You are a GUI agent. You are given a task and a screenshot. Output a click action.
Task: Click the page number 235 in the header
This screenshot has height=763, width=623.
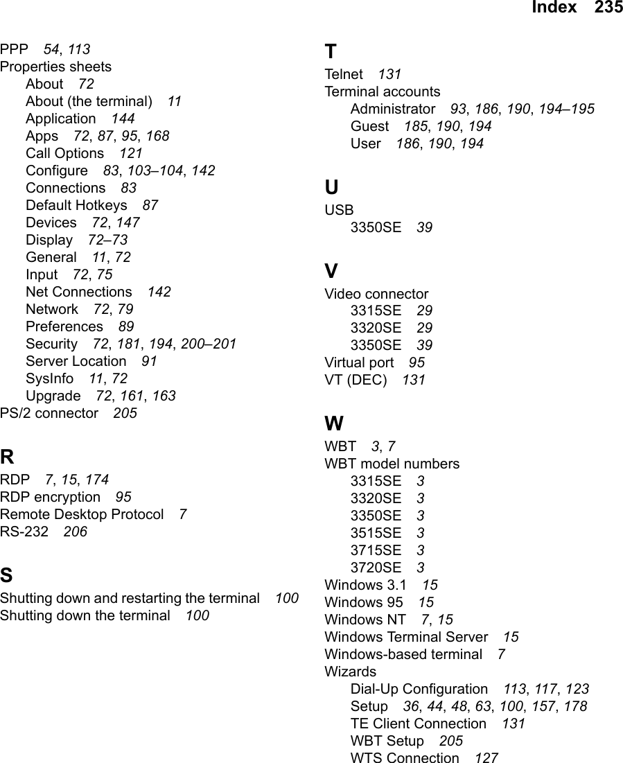coord(608,8)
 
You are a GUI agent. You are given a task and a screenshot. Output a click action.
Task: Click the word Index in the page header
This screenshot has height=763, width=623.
coord(554,8)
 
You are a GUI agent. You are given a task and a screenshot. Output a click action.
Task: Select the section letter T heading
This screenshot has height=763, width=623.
coord(331,52)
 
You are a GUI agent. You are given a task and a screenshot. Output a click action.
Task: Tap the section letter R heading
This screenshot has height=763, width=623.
coord(6,457)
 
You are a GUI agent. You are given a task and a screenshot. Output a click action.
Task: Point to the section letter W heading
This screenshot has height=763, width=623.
coord(334,424)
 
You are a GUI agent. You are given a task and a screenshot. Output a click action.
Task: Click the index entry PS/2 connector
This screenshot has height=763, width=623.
coord(49,413)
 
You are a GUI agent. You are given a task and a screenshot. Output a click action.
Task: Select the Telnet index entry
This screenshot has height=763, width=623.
coord(344,74)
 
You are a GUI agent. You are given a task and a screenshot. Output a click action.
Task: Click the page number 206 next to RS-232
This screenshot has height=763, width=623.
coord(75,532)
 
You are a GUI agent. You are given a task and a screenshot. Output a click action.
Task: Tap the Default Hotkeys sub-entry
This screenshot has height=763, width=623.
coord(76,205)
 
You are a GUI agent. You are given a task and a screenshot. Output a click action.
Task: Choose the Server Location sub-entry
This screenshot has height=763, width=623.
coord(76,361)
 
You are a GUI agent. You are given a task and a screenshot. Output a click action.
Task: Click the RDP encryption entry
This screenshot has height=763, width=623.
coord(50,497)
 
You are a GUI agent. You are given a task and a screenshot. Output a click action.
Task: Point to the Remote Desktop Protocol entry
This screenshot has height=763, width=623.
coord(82,514)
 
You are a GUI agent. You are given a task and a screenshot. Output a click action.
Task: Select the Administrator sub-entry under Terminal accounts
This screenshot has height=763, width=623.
coord(393,109)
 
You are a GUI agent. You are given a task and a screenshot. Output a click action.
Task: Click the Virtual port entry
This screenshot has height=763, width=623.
coord(359,362)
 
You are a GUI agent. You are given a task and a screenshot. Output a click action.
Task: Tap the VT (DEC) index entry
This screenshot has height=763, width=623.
coord(356,380)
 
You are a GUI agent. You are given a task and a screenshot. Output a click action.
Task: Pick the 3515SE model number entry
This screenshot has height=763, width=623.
coord(376,533)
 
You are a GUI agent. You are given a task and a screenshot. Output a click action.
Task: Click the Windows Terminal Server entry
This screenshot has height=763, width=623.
coord(406,637)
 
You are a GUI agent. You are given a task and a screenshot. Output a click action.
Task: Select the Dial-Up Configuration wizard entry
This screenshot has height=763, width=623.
coord(419,689)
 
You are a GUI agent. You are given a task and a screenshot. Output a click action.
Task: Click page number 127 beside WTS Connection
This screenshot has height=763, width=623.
coord(486,758)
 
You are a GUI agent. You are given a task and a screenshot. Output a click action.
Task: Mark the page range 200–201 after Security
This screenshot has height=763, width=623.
coord(208,344)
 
